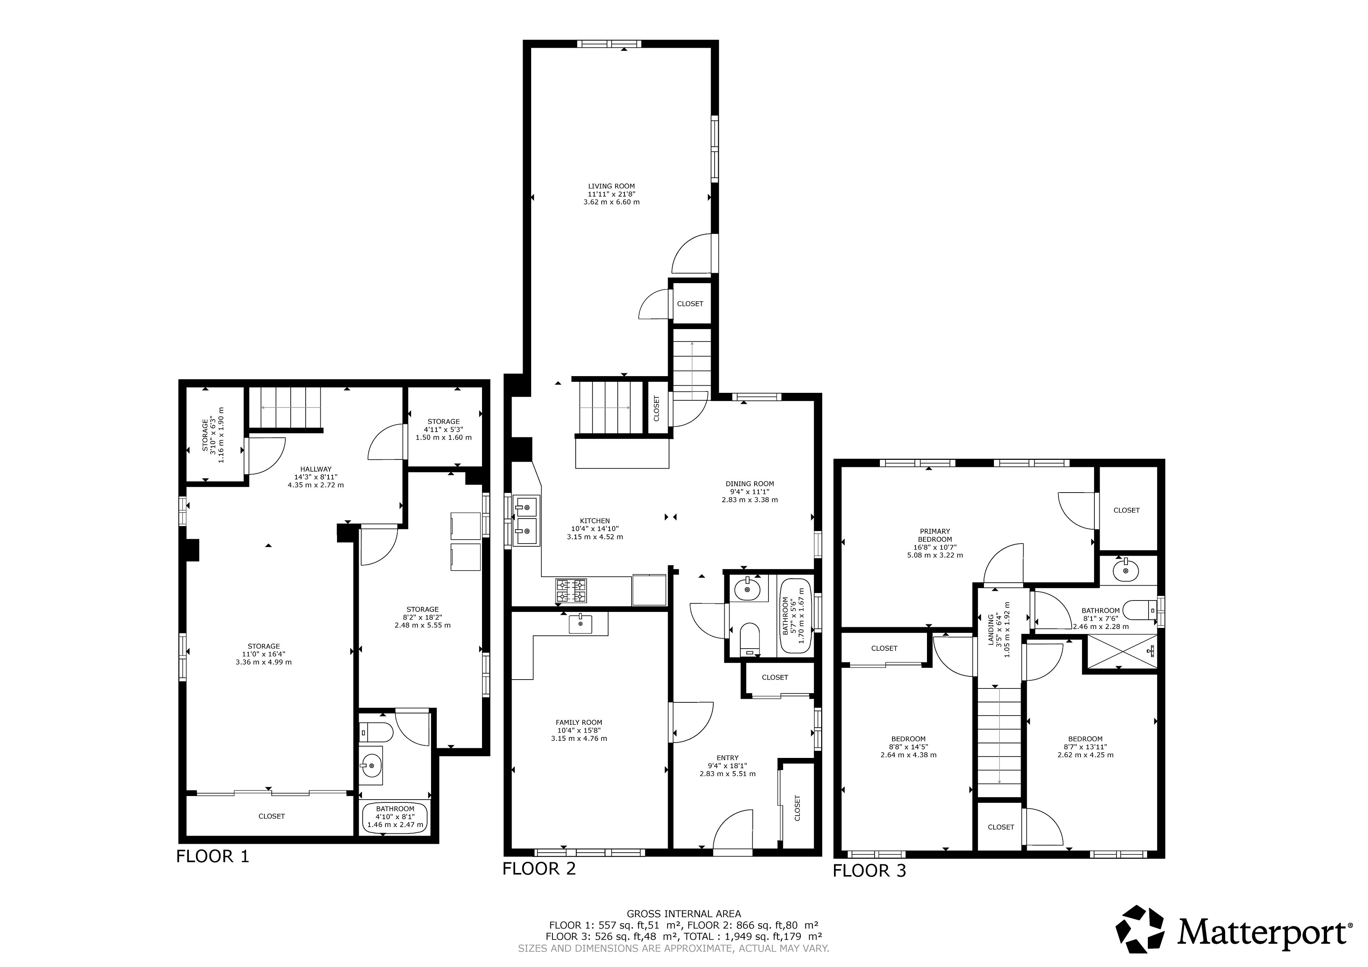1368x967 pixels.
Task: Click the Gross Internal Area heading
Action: coord(684,913)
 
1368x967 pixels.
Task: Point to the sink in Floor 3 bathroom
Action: coord(1125,570)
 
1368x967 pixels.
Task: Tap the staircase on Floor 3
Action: coord(999,742)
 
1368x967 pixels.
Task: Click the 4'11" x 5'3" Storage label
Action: coord(443,429)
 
